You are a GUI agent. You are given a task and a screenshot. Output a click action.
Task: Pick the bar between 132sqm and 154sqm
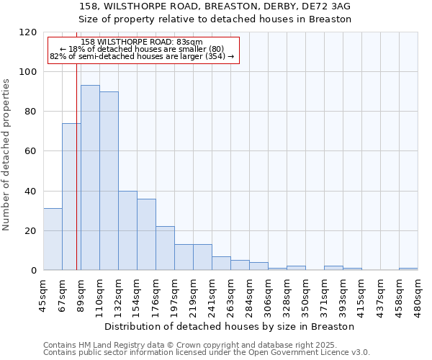point(127,230)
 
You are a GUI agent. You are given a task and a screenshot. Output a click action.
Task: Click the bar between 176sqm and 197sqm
point(165,248)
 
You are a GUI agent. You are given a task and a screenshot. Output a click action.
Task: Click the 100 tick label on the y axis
point(27,72)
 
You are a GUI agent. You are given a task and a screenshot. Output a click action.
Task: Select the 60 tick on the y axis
point(30,151)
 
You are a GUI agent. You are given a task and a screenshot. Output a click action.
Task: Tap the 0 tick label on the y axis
point(33,271)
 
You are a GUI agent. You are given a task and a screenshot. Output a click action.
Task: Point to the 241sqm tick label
point(212,294)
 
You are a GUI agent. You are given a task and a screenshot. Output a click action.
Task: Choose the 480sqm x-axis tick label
point(418,294)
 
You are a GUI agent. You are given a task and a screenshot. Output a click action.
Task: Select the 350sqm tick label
point(305,294)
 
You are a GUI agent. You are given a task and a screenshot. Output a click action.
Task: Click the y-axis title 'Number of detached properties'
point(7,155)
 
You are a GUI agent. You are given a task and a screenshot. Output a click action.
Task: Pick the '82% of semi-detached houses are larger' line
point(142,56)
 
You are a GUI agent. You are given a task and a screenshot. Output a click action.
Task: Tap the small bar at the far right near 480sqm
point(408,269)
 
